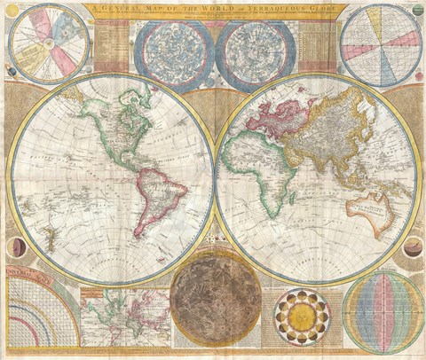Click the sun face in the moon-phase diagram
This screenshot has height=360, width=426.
point(302,315)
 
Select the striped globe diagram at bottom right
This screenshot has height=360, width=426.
point(383,310)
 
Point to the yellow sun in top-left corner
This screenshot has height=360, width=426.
point(12,11)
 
